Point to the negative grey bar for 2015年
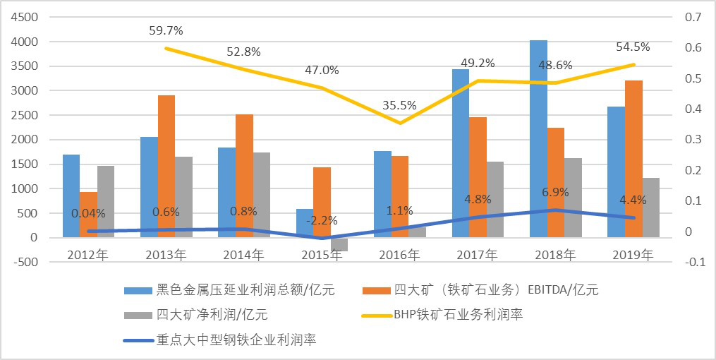coord(339,244)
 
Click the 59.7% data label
coord(166,31)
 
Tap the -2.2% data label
coord(322,220)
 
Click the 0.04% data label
coord(89,213)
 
